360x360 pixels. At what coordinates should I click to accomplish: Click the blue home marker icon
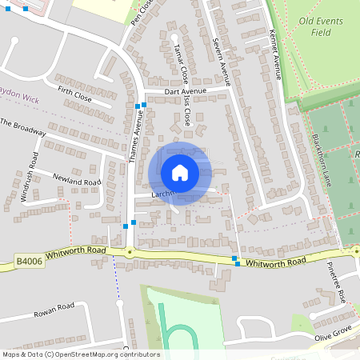click(180, 173)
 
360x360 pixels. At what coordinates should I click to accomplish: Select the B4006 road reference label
click(27, 260)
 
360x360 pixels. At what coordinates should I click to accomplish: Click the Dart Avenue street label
click(186, 91)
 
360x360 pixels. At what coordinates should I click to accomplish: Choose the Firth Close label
click(75, 98)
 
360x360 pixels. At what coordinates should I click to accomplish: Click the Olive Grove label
click(333, 330)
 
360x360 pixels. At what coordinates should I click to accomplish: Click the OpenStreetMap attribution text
click(81, 354)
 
